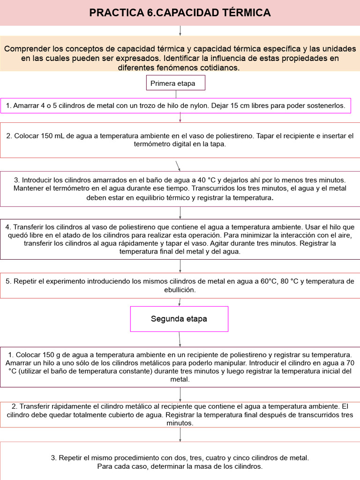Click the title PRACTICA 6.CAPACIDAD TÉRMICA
(x=180, y=13)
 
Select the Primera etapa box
(x=175, y=83)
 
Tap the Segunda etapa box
(x=179, y=319)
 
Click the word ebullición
(x=180, y=290)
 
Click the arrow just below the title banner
(x=180, y=30)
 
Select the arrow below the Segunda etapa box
(x=180, y=338)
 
